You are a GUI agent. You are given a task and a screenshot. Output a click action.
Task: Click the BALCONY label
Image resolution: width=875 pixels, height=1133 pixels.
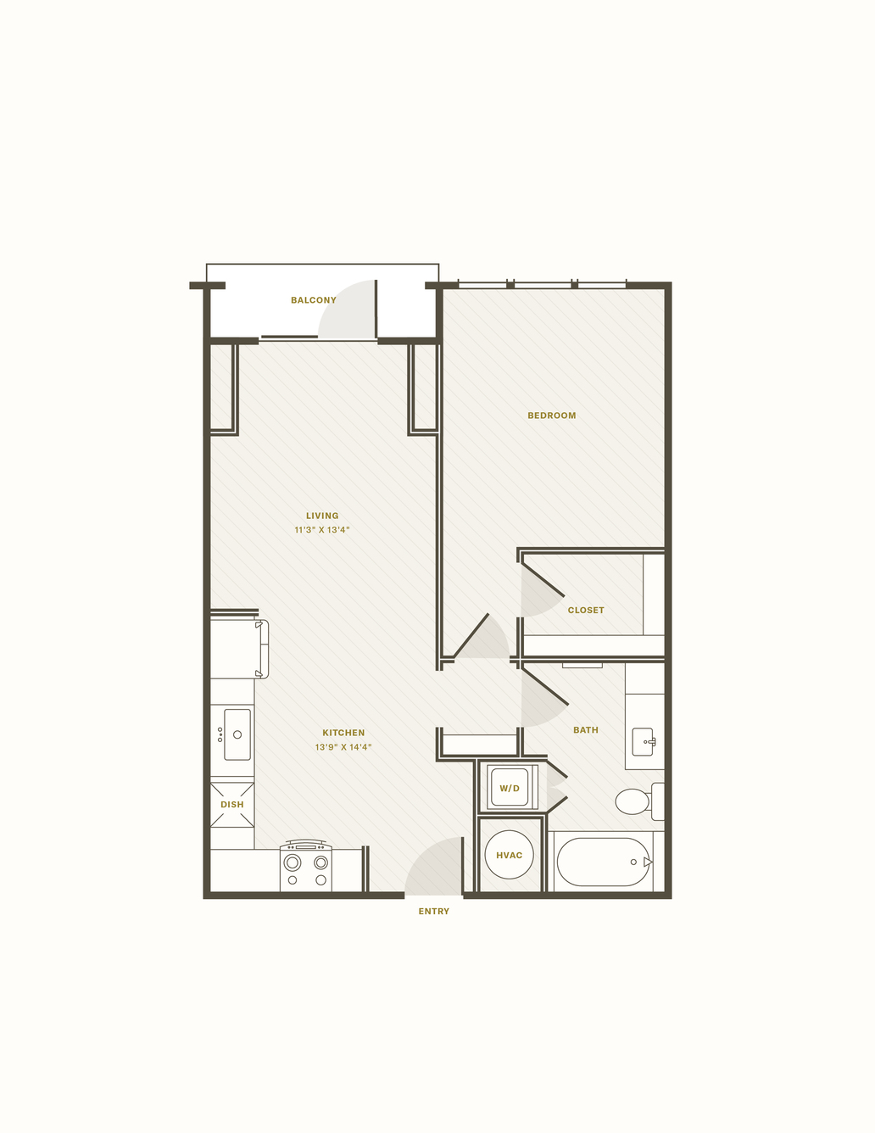pyautogui.click(x=313, y=300)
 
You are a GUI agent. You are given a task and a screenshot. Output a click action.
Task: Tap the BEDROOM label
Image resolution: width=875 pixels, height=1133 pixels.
pyautogui.click(x=551, y=416)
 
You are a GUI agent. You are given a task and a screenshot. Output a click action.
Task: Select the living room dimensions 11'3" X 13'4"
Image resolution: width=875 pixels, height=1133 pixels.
pyautogui.click(x=321, y=530)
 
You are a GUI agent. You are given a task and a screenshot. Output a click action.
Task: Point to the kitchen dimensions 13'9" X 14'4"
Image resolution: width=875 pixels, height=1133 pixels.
pyautogui.click(x=343, y=746)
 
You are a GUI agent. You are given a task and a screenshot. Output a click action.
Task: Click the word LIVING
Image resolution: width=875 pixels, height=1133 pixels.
pyautogui.click(x=322, y=516)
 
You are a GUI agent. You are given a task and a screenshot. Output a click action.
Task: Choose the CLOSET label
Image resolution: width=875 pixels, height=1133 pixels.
pyautogui.click(x=586, y=610)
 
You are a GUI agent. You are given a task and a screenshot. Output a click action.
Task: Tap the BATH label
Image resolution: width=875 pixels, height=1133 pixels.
pyautogui.click(x=586, y=730)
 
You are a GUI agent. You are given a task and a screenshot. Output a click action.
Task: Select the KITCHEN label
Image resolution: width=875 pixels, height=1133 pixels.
pyautogui.click(x=343, y=733)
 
